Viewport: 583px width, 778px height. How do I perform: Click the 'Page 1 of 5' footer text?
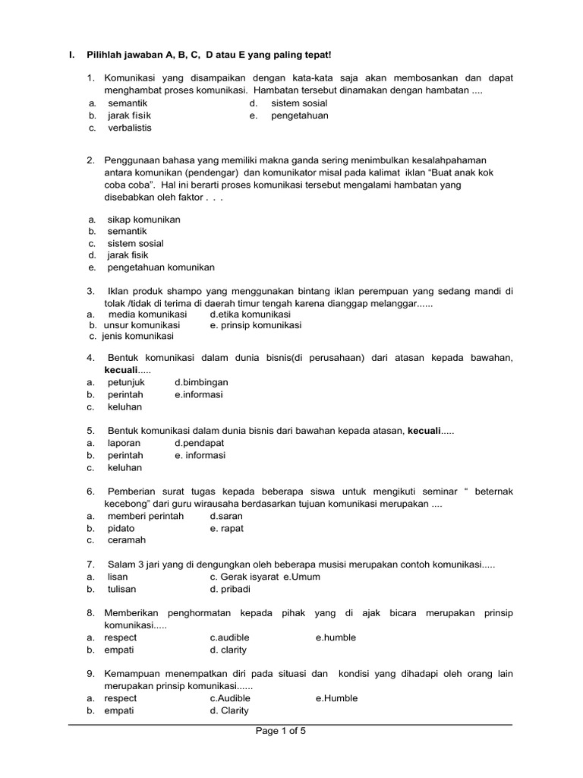tap(280, 732)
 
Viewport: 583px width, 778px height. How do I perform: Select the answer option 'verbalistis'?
tap(130, 128)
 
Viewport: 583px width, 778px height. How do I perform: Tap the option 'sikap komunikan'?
tap(144, 219)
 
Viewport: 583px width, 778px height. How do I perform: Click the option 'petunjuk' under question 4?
tap(126, 382)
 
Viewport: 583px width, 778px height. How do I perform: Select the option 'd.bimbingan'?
tap(201, 382)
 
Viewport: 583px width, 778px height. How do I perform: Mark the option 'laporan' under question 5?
tap(124, 442)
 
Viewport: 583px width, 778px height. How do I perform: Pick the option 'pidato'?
tap(121, 528)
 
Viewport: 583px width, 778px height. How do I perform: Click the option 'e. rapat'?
tap(227, 528)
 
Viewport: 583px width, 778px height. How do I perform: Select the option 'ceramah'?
tap(127, 540)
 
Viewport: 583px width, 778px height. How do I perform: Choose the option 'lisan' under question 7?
tap(118, 577)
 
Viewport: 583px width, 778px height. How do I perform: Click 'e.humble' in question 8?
tap(336, 637)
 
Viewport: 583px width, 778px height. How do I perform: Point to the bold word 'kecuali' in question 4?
tap(121, 369)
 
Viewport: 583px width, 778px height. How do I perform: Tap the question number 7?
tap(90, 565)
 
